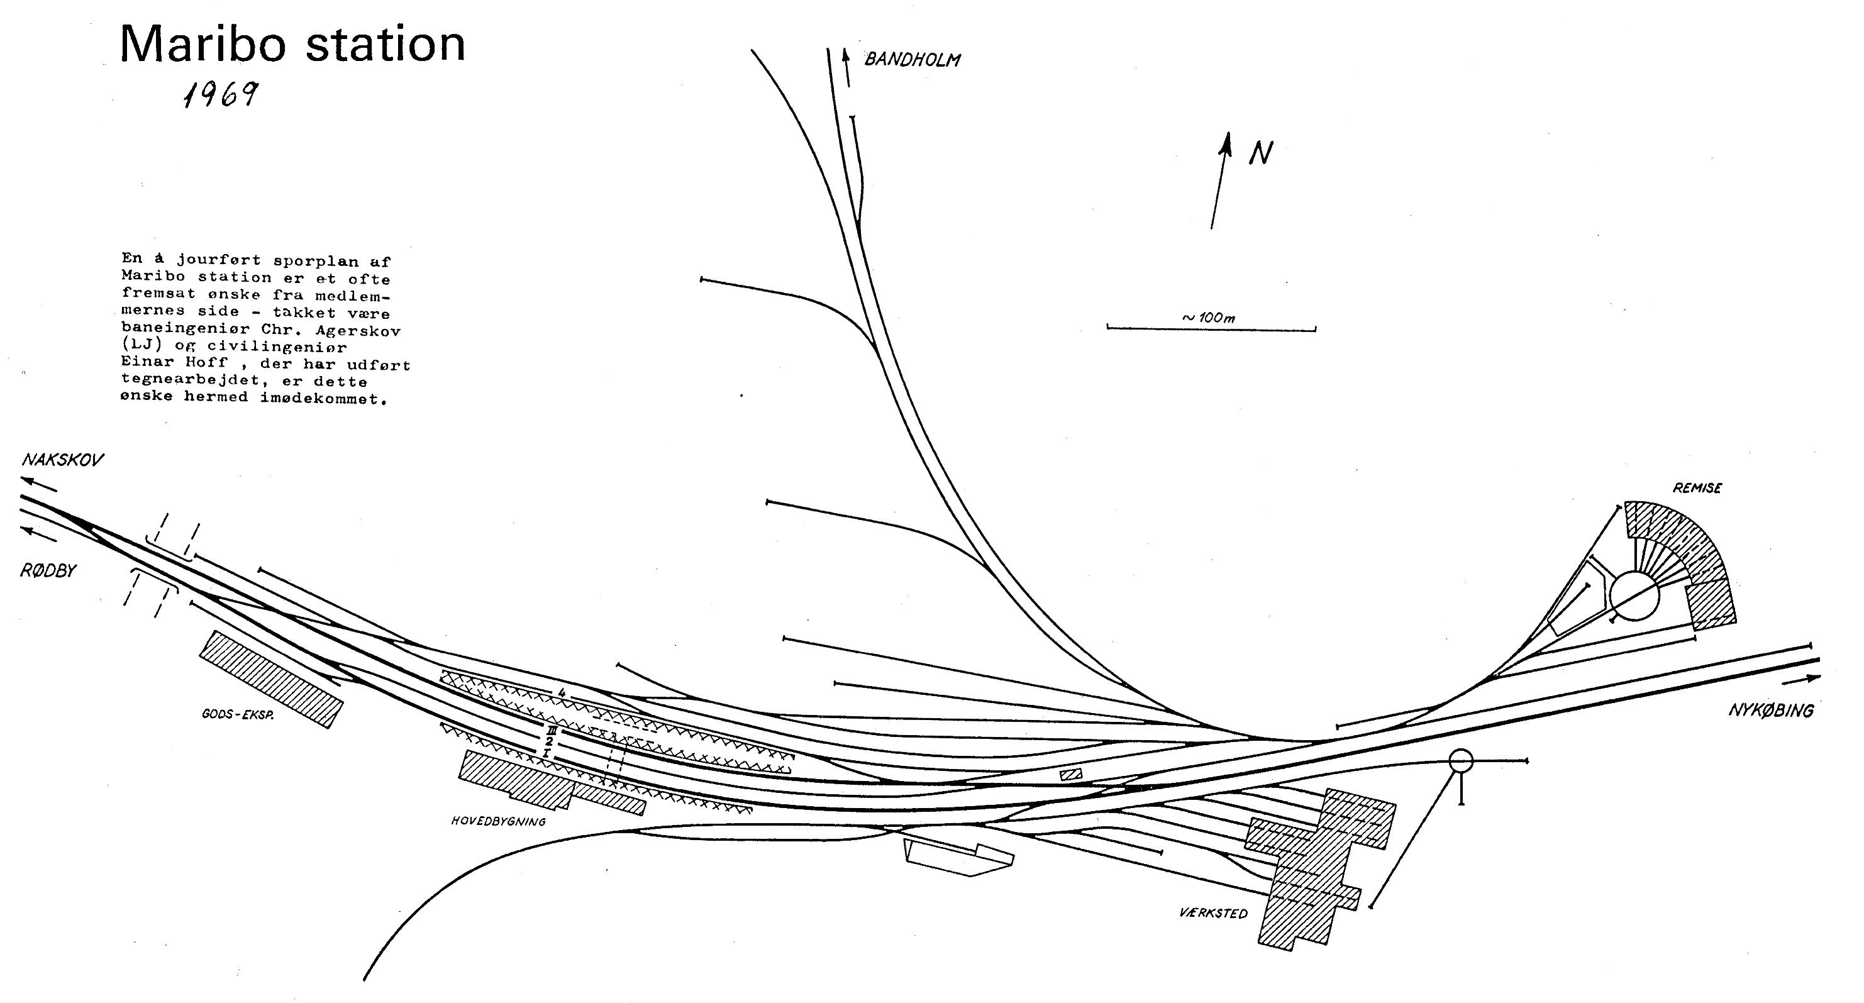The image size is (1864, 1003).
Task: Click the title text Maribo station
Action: [x=292, y=43]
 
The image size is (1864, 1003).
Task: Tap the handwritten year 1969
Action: [x=221, y=94]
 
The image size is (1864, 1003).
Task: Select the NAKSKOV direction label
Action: [x=63, y=460]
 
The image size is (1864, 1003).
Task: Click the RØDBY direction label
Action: [x=48, y=571]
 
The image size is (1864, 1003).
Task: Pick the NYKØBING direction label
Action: [x=1772, y=710]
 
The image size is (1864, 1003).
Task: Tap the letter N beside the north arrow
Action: [x=1260, y=153]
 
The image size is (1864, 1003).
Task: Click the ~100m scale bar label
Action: [x=1209, y=318]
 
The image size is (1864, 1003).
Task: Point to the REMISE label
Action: [x=1697, y=489]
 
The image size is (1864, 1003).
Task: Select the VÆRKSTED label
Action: [x=1214, y=914]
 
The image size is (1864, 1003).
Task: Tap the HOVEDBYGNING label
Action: [x=498, y=821]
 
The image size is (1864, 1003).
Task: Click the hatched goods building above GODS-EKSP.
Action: [x=270, y=679]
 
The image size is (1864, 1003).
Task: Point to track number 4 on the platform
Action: [x=561, y=693]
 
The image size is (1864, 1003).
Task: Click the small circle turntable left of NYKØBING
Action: [x=1461, y=760]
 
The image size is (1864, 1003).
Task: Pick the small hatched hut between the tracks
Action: [x=1071, y=774]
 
